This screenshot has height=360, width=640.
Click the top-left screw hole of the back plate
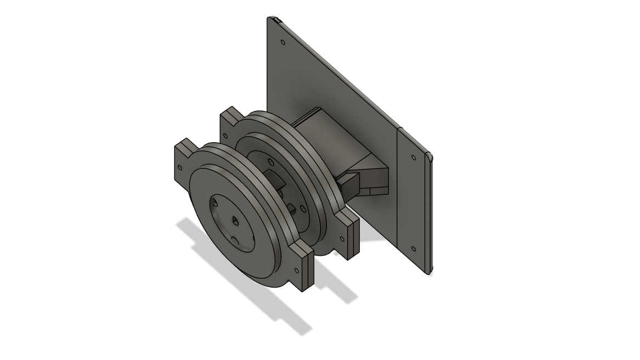(283, 42)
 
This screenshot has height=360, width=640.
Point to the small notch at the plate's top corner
(278, 20)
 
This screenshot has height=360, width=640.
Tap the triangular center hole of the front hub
(234, 221)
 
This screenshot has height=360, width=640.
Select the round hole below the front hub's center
(235, 240)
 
